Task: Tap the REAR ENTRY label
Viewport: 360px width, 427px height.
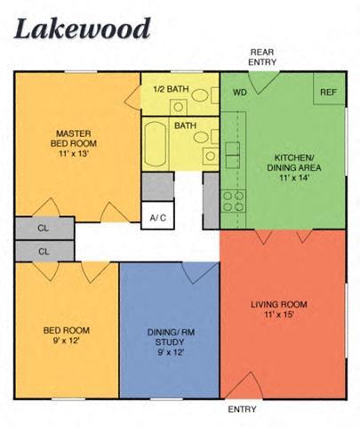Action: (x=263, y=57)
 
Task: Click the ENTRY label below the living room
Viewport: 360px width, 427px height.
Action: (x=242, y=409)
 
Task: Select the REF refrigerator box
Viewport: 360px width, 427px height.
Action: (x=328, y=92)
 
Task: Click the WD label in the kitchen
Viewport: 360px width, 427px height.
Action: (x=239, y=92)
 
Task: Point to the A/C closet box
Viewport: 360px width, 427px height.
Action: (x=158, y=217)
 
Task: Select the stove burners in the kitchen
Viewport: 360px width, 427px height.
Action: (x=234, y=201)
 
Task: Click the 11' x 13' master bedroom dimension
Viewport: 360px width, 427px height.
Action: (x=76, y=153)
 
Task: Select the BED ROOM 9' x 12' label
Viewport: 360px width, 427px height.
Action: (x=67, y=335)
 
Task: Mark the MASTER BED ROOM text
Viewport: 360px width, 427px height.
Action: (x=76, y=139)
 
